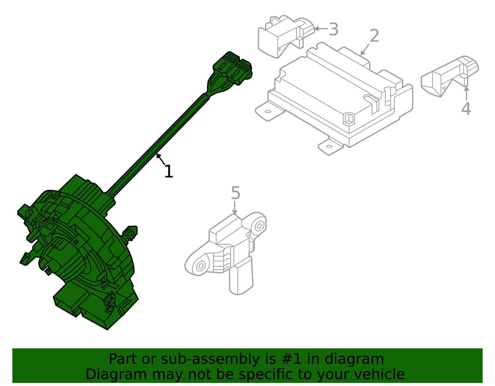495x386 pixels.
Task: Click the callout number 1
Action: pos(169,172)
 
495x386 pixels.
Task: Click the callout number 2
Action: pos(374,36)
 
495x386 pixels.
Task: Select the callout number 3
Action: pos(333,30)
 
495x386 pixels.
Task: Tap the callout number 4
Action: pos(466,109)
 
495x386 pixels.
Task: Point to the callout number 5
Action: pos(235,193)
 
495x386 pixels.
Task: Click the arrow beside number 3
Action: pos(321,29)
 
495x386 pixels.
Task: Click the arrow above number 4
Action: pos(466,93)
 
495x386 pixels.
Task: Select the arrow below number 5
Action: pos(235,207)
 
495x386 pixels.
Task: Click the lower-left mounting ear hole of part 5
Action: pos(200,265)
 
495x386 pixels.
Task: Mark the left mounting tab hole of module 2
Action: pos(268,112)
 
